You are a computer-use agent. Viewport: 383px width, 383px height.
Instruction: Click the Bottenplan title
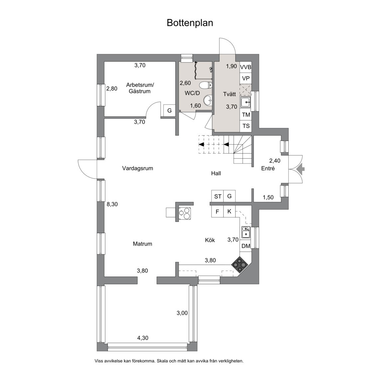coord(190,23)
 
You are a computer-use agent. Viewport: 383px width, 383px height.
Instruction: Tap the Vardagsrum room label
coord(137,168)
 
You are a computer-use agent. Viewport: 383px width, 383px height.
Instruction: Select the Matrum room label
coord(142,244)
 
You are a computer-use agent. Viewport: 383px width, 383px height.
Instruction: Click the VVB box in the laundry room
coord(246,67)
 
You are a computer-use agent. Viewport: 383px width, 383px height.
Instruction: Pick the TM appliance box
coord(246,115)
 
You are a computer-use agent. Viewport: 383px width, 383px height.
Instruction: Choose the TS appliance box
coord(246,126)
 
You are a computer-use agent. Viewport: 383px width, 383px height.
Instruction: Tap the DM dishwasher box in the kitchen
coord(246,246)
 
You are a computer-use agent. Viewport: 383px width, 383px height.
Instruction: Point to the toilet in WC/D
coord(207,85)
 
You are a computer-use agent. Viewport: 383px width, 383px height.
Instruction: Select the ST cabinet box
coord(217,196)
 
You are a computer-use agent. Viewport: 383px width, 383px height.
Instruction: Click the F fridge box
coord(217,211)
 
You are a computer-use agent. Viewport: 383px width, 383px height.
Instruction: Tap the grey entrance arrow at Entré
coord(300,169)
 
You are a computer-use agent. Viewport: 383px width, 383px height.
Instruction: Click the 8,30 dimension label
coord(112,204)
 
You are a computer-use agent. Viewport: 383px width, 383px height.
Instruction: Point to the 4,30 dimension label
coord(143,338)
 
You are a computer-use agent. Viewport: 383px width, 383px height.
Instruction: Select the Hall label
coord(216,173)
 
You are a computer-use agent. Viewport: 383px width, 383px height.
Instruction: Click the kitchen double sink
coord(246,232)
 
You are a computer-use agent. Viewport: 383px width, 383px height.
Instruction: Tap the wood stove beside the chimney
coord(185,213)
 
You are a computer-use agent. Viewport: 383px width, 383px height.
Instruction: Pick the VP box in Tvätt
coord(246,78)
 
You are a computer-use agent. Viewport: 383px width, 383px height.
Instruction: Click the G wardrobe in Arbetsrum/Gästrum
coord(169,110)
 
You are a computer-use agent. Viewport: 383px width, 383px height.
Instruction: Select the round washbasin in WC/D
coord(207,99)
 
